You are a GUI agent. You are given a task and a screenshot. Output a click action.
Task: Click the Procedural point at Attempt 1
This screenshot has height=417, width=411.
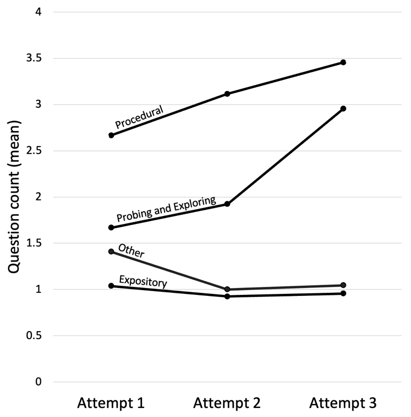pyautogui.click(x=111, y=135)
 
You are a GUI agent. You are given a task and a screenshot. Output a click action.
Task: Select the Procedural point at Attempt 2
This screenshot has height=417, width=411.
pyautogui.click(x=227, y=94)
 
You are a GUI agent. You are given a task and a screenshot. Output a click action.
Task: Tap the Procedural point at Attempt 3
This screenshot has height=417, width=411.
pyautogui.click(x=343, y=62)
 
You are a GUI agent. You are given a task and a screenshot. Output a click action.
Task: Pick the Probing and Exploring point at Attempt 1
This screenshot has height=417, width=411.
pyautogui.click(x=111, y=228)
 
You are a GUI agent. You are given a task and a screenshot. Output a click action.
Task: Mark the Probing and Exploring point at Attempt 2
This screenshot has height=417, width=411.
pyautogui.click(x=227, y=204)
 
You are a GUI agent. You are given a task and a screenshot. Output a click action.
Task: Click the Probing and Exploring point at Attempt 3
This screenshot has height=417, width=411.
pyautogui.click(x=343, y=108)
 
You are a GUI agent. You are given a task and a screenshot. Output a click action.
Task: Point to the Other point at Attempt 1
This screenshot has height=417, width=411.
pyautogui.click(x=111, y=251)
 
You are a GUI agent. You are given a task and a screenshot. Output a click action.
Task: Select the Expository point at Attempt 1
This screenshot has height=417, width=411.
pyautogui.click(x=111, y=286)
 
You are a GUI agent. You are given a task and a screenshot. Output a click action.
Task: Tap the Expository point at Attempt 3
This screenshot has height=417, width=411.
pyautogui.click(x=343, y=293)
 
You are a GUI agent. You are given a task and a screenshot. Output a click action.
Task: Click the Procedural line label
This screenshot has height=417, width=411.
pyautogui.click(x=139, y=117)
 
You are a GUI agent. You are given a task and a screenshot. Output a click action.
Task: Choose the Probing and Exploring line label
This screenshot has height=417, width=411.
pyautogui.click(x=166, y=208)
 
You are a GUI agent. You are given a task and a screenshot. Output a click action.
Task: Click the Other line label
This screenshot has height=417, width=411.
pyautogui.click(x=131, y=251)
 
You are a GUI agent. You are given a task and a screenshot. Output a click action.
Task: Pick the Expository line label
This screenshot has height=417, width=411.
pyautogui.click(x=143, y=281)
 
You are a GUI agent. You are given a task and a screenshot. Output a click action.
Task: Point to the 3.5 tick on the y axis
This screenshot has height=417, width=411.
pyautogui.click(x=40, y=58)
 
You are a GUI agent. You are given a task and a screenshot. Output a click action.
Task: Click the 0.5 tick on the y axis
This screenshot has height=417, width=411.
pyautogui.click(x=40, y=336)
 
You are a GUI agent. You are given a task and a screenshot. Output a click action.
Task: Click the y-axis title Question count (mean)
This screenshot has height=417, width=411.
pyautogui.click(x=15, y=196)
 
